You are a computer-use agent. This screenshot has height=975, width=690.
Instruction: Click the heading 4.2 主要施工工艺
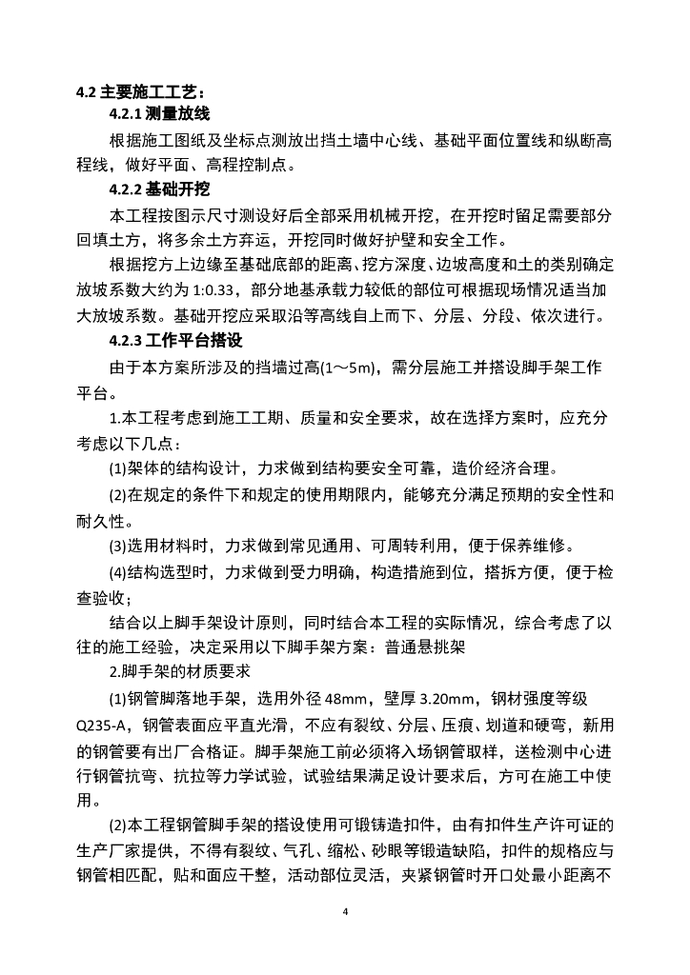tap(141, 92)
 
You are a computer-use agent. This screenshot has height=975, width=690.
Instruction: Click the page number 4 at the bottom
tap(345, 911)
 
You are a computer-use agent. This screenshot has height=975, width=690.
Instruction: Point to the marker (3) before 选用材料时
tap(119, 547)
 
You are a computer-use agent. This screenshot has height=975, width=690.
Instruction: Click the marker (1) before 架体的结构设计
tap(119, 469)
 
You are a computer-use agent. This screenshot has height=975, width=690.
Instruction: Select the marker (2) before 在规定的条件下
tap(119, 495)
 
